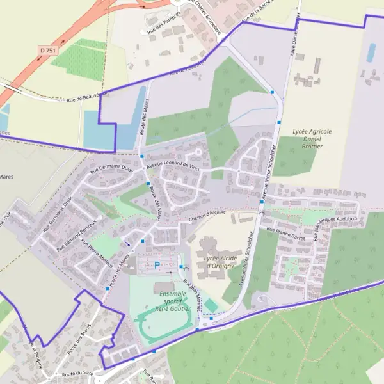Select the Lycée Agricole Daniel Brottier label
click(x=312, y=138)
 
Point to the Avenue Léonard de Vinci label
click(x=173, y=164)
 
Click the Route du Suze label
click(x=78, y=374)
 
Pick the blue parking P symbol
click(x=157, y=264)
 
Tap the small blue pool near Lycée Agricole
click(x=371, y=52)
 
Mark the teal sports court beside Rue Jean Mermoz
click(x=211, y=306)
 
